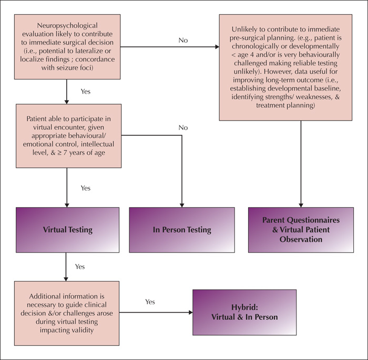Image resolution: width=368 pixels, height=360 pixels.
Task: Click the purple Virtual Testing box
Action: coord(68,230)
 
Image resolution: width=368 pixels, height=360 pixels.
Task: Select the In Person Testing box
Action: coord(182,230)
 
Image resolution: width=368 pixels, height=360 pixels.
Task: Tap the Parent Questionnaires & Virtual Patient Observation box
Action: coord(301,230)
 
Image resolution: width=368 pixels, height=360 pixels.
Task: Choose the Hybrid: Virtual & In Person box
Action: coord(244,312)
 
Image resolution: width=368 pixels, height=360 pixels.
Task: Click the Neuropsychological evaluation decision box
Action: coord(67,47)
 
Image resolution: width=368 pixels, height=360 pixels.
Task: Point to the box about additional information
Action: coord(67,313)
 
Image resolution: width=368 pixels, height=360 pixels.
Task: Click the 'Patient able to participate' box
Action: coord(68,136)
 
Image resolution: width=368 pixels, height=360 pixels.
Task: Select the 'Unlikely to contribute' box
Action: coord(285,67)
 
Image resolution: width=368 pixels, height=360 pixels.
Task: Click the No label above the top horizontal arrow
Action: coord(183,40)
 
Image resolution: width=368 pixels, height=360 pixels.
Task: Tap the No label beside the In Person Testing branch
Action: coord(183,127)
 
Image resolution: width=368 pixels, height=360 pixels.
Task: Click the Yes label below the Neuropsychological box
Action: coord(85,92)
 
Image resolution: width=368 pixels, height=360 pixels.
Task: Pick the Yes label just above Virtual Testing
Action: coord(85,188)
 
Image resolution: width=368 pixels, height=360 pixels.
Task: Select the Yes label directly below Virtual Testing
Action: coord(80,266)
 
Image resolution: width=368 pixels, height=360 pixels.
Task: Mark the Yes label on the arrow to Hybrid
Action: coord(150,302)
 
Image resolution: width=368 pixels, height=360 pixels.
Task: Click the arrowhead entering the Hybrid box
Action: coord(191,312)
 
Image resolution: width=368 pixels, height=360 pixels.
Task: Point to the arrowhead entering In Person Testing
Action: coord(182,205)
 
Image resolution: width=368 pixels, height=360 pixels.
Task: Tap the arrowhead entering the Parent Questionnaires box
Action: coord(301,205)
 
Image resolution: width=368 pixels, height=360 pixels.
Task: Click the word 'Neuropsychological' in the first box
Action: coord(67,26)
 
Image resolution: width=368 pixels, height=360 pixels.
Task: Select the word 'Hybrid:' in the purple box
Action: coord(244,307)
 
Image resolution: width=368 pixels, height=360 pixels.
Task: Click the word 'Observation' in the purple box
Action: coord(301,239)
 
